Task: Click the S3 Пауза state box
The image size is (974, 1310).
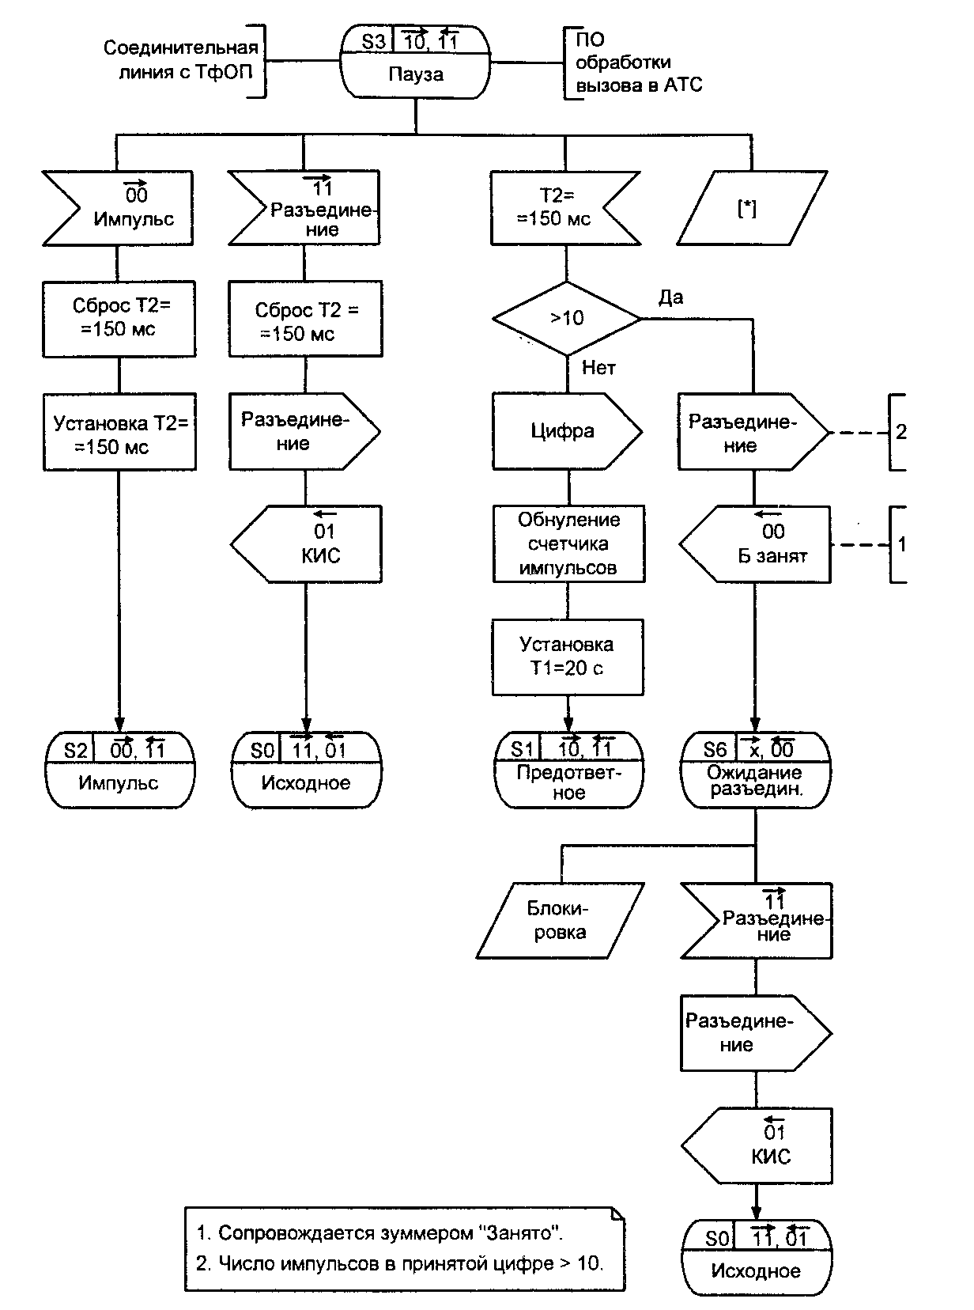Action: tap(415, 62)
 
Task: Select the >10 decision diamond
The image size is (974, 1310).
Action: tap(567, 319)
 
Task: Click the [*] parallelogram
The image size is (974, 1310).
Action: tap(746, 208)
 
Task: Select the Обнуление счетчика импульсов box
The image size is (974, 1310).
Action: tap(568, 544)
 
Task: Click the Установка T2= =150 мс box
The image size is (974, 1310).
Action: tap(119, 434)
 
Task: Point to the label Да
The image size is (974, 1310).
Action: tap(671, 297)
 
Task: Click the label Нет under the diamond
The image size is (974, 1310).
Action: tap(598, 368)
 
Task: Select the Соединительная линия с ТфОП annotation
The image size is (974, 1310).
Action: tap(181, 60)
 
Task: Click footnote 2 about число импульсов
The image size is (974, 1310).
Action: tap(399, 1263)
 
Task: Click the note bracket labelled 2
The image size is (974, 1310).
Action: tap(899, 432)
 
